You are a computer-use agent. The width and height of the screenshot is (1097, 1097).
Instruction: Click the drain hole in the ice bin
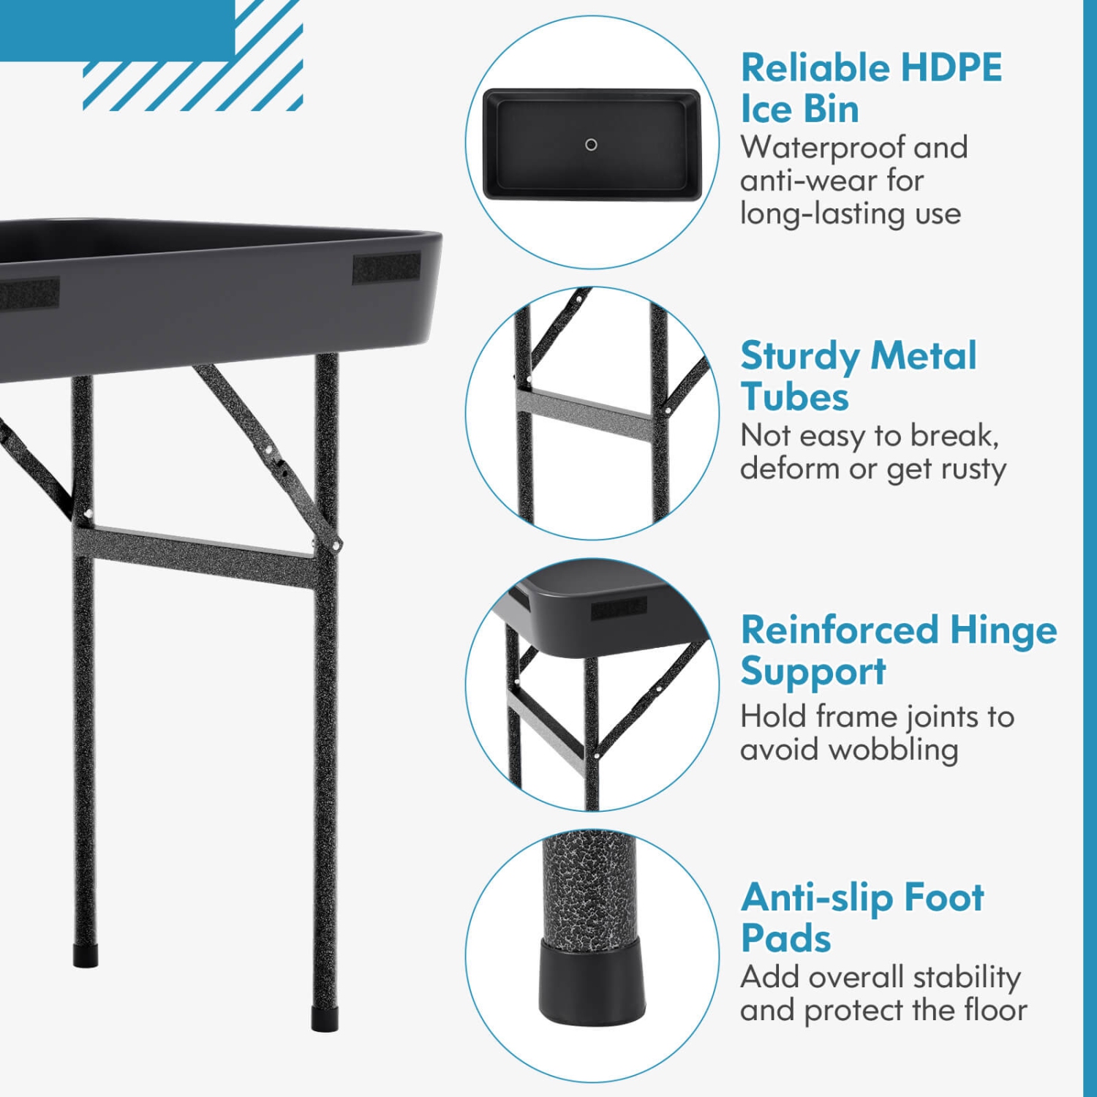[x=591, y=145]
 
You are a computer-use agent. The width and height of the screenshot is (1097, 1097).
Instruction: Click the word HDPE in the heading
[x=951, y=68]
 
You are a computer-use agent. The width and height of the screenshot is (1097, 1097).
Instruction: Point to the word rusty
[x=970, y=469]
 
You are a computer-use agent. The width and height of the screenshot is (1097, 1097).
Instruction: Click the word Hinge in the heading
[x=1003, y=630]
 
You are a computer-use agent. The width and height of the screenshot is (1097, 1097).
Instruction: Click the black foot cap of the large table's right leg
[x=324, y=1019]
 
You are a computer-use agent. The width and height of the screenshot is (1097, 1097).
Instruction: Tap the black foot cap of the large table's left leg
[x=86, y=956]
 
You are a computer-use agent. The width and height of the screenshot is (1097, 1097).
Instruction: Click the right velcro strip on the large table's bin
[x=386, y=268]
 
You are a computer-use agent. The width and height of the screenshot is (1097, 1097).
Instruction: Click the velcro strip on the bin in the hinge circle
[x=619, y=607]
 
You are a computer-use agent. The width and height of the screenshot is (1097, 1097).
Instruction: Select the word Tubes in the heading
[x=795, y=397]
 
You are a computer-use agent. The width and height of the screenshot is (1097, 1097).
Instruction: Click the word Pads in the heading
[x=786, y=938]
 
